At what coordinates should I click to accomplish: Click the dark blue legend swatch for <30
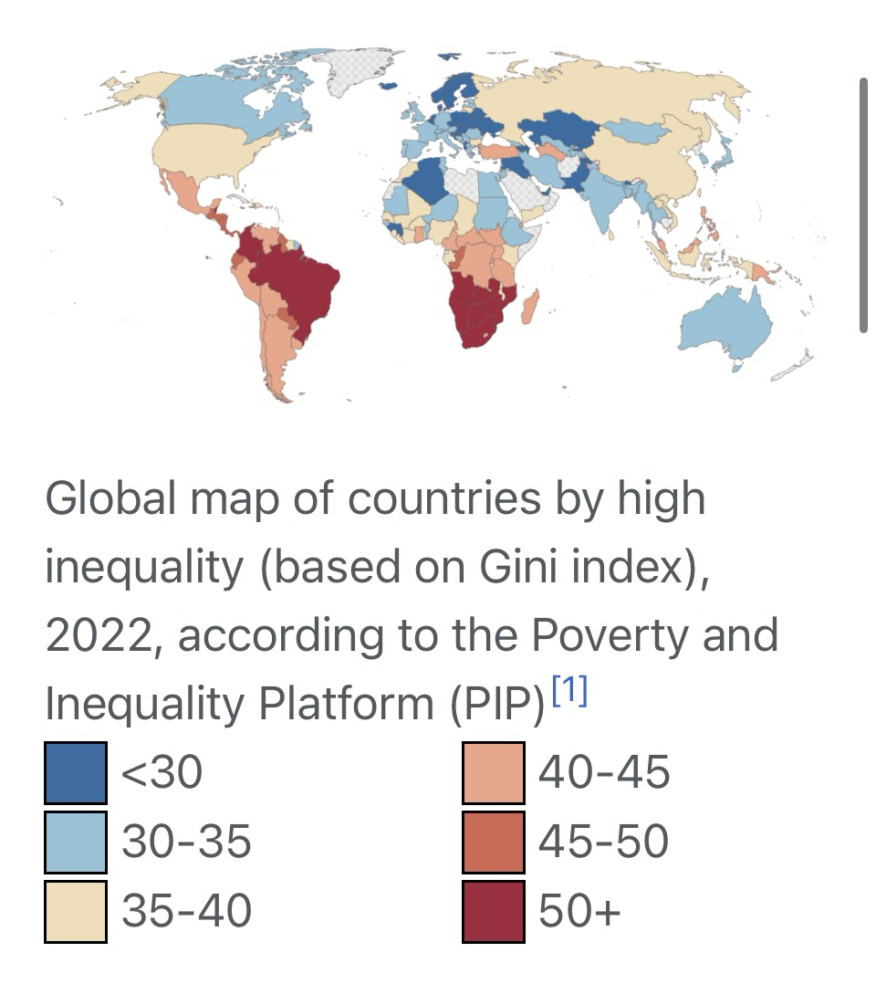coord(76,773)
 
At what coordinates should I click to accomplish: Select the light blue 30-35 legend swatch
coord(76,842)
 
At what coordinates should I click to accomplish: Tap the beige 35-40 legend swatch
coord(76,910)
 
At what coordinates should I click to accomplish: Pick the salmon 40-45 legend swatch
coord(494,773)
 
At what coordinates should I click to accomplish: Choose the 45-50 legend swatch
coord(494,842)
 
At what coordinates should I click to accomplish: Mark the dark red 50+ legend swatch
coord(494,910)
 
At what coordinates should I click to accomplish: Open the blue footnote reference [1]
coord(570,692)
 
